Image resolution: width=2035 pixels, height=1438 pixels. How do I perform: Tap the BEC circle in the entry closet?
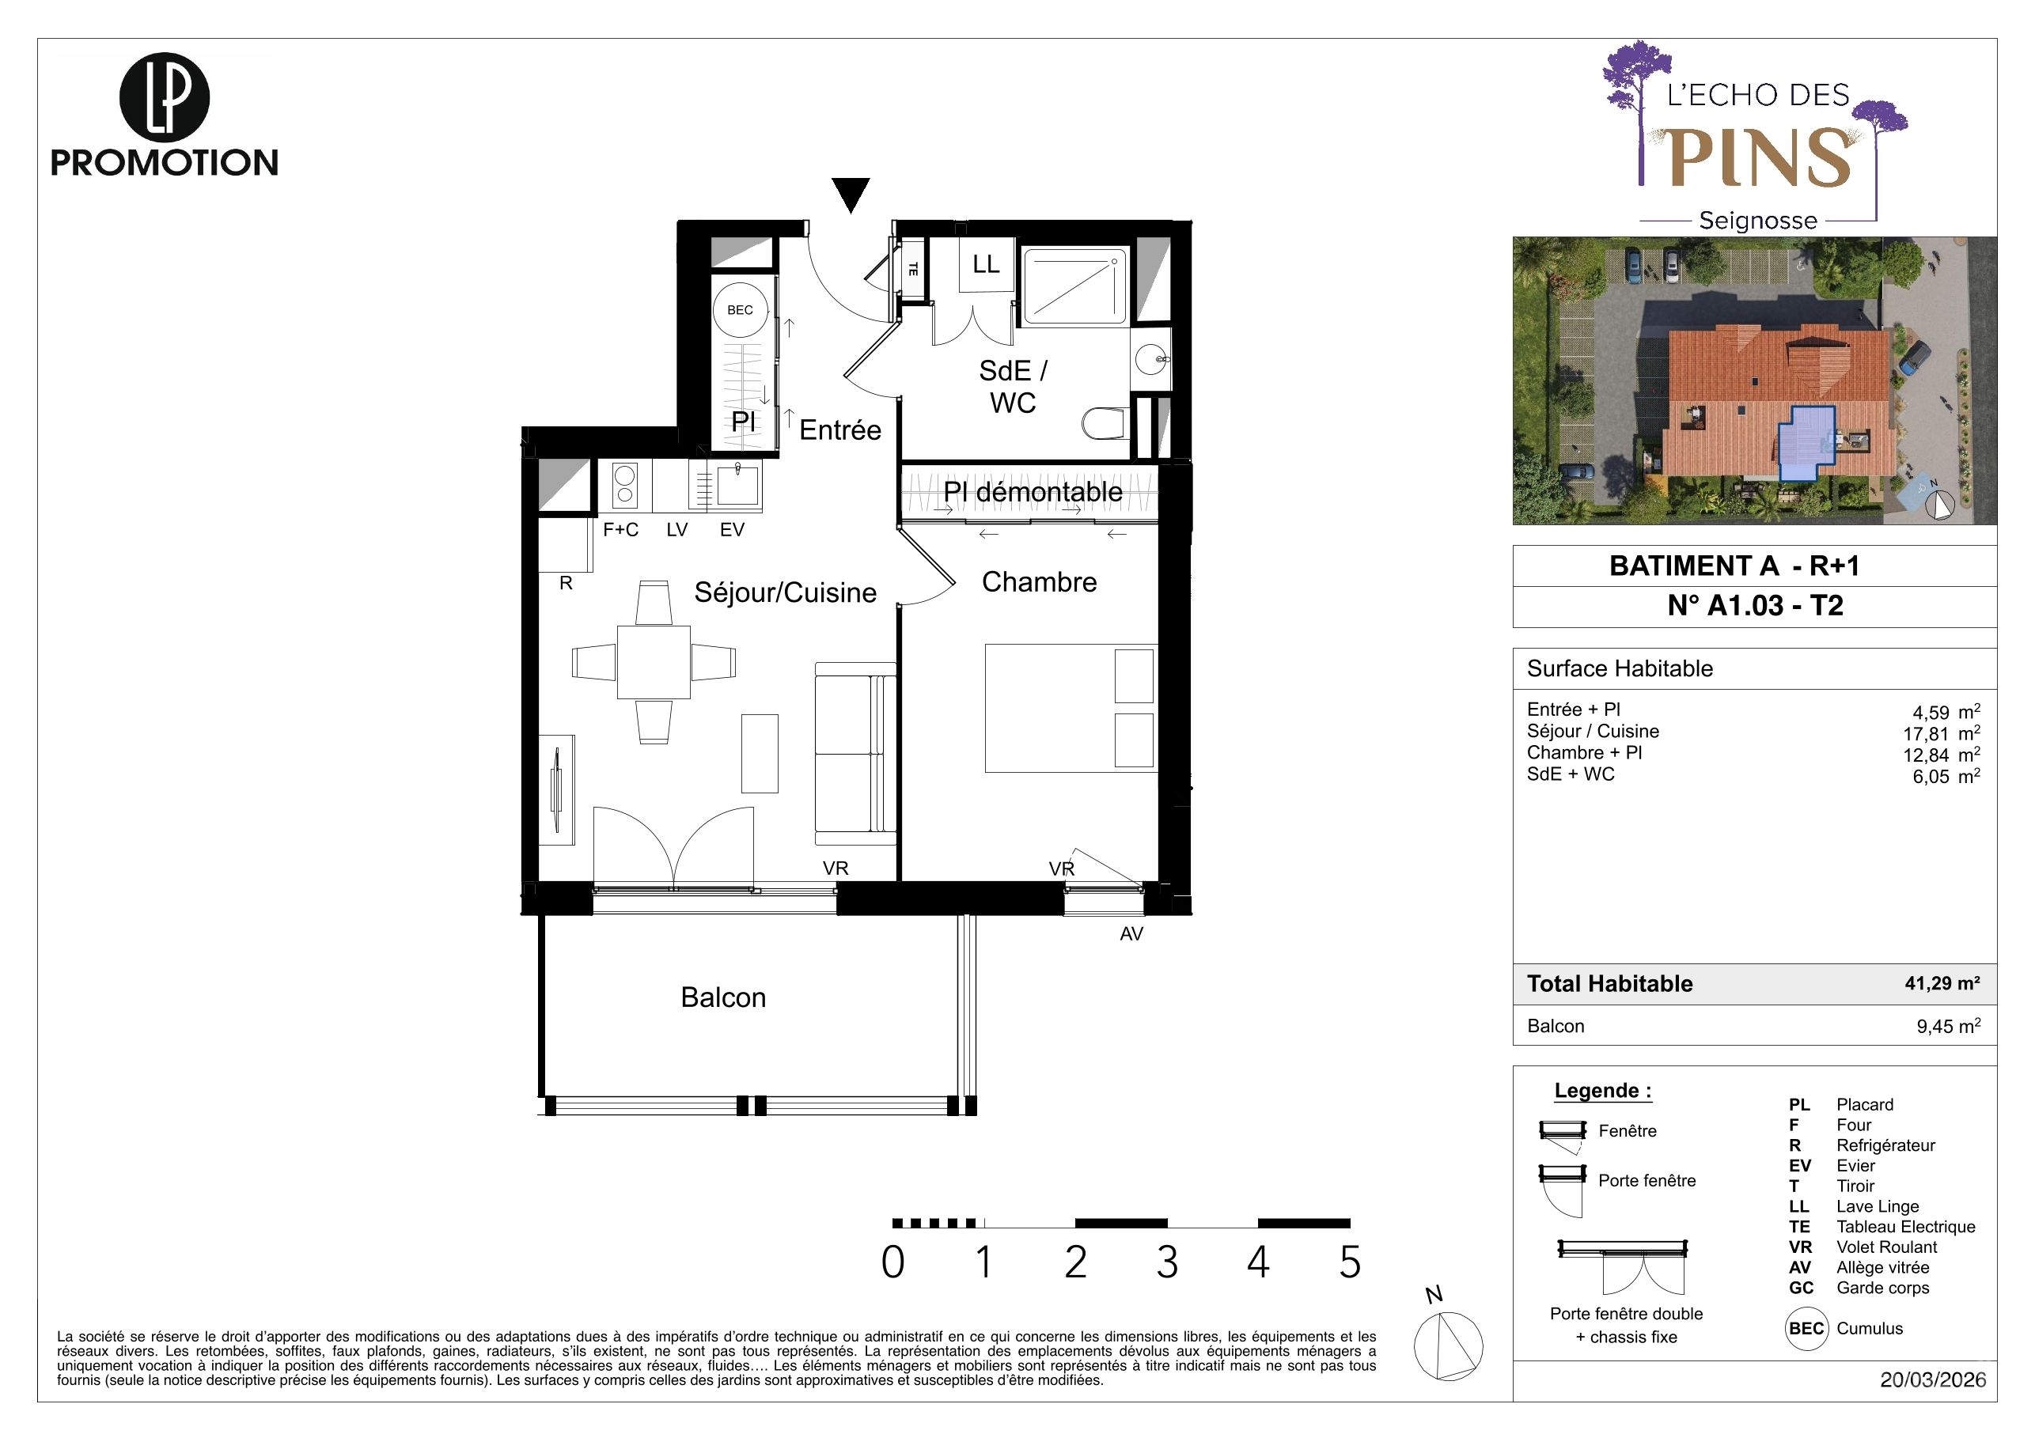pos(740,310)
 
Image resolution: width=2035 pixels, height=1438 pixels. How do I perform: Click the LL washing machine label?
pos(986,264)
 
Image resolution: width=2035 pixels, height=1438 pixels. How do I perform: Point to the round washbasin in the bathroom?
pos(1151,361)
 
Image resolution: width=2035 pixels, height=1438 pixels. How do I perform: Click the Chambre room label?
pos(1039,582)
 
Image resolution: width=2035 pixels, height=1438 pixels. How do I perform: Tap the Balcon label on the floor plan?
pos(723,997)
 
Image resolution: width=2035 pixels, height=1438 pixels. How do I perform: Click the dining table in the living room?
pos(654,662)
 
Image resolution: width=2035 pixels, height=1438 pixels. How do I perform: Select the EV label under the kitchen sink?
pos(732,530)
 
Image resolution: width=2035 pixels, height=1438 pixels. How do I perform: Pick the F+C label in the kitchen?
pos(620,530)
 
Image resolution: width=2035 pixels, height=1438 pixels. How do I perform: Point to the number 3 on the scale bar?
pos(1166,1262)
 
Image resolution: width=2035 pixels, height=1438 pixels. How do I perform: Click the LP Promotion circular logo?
pos(164,98)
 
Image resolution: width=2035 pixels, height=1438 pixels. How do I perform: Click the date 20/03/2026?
pos(1933,1380)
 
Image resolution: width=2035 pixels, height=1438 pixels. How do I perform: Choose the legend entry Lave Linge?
pos(1878,1207)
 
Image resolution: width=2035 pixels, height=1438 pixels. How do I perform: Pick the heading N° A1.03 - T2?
pos(1755,606)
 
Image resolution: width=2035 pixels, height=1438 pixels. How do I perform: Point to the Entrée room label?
pos(840,430)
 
